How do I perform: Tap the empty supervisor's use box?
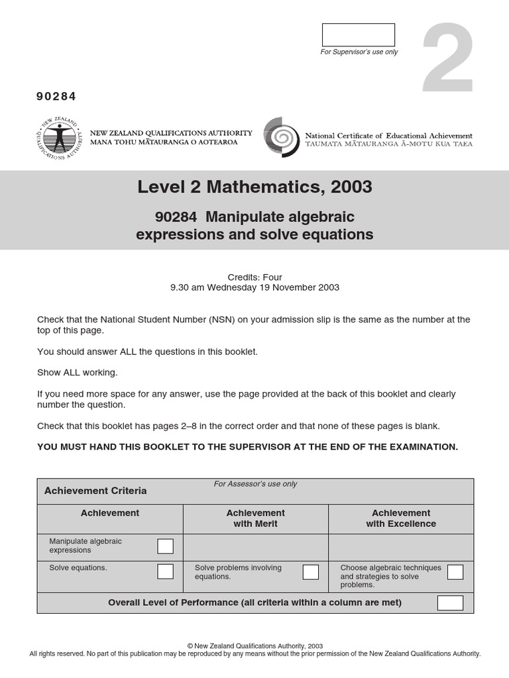(358, 35)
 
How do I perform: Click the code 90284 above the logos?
(56, 97)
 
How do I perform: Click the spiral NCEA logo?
(282, 137)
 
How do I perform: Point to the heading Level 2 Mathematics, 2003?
(254, 187)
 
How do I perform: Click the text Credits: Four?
(254, 277)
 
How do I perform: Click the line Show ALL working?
(77, 373)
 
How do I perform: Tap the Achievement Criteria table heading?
(95, 491)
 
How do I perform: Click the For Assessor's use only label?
(255, 484)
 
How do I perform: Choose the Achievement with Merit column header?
(255, 518)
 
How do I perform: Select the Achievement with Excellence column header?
(401, 518)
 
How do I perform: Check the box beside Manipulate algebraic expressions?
(165, 546)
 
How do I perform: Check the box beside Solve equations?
(165, 571)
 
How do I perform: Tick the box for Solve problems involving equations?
(310, 572)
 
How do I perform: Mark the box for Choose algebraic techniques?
(455, 572)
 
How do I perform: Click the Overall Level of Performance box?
(450, 603)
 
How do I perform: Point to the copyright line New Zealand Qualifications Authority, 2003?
(255, 646)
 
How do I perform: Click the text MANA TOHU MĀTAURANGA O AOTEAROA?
(164, 142)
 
